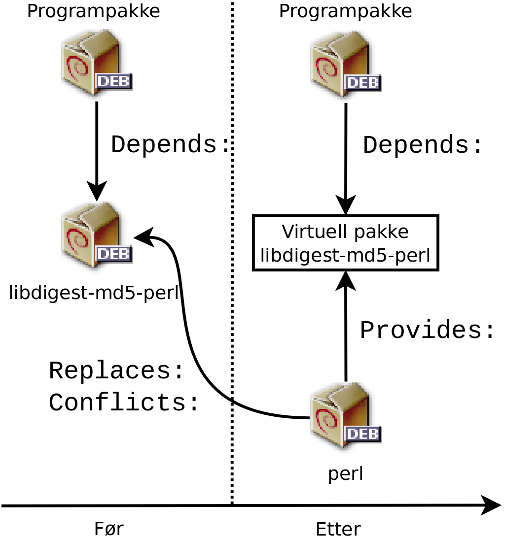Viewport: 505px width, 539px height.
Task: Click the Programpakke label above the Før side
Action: pyautogui.click(x=93, y=11)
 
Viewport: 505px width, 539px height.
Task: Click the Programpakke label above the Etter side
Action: pyautogui.click(x=345, y=11)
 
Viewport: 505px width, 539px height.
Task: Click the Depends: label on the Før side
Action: pyautogui.click(x=171, y=145)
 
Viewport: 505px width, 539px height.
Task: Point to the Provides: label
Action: pyautogui.click(x=427, y=331)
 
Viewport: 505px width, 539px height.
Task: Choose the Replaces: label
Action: pyautogui.click(x=116, y=371)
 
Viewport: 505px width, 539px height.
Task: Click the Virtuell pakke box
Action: pyautogui.click(x=345, y=243)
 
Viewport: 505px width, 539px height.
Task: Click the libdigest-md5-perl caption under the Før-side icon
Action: pyautogui.click(x=93, y=294)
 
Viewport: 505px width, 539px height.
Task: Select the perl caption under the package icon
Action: pyautogui.click(x=345, y=473)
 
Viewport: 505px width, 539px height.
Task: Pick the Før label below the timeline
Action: pyautogui.click(x=108, y=529)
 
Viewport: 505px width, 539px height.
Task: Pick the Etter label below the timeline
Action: pyautogui.click(x=338, y=530)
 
